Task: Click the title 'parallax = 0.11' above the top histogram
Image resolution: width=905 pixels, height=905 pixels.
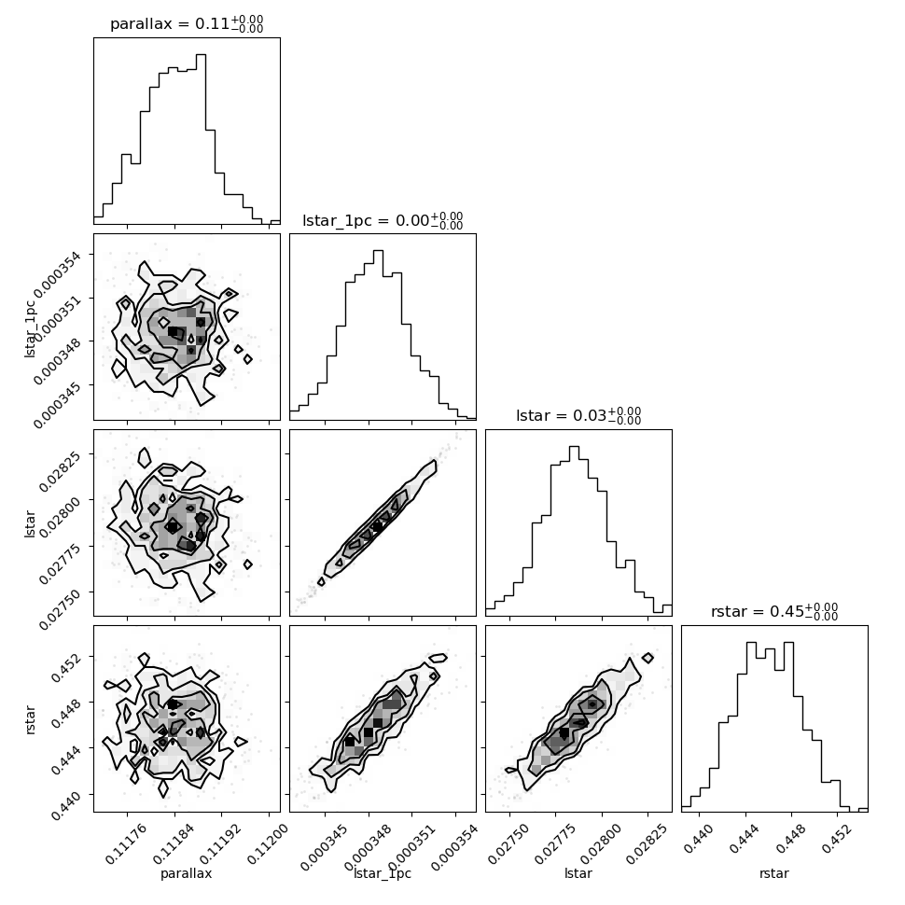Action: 170,23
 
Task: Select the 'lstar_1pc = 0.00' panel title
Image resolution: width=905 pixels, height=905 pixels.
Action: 366,220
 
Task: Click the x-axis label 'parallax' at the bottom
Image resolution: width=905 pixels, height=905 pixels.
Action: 187,873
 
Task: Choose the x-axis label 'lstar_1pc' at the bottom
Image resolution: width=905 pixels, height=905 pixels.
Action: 383,873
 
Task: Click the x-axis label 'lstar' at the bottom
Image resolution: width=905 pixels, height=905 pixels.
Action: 578,872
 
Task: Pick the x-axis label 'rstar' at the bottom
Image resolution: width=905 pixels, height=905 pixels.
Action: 774,873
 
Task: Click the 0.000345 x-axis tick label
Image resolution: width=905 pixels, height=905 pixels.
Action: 324,847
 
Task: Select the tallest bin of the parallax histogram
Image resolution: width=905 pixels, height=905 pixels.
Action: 201,138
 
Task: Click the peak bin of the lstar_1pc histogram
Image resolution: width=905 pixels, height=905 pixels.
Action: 378,335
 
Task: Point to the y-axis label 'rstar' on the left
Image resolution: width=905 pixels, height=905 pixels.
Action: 30,719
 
